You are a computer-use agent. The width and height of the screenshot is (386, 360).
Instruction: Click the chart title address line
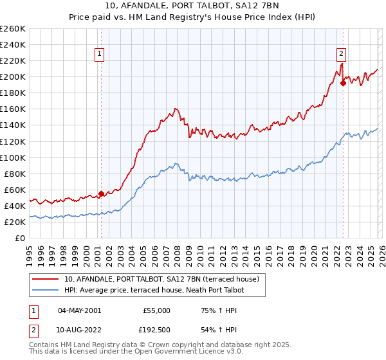[193, 6]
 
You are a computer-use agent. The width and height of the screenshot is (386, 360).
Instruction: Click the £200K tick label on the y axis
[12, 76]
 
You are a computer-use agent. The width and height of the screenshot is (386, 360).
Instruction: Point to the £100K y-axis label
[12, 157]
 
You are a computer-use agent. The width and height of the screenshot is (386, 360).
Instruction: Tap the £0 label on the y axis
[19, 238]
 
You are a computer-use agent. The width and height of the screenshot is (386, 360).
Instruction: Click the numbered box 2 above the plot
[341, 55]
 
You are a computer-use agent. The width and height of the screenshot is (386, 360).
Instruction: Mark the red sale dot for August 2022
[343, 82]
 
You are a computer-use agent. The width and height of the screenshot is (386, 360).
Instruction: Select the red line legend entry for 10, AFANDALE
[161, 279]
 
